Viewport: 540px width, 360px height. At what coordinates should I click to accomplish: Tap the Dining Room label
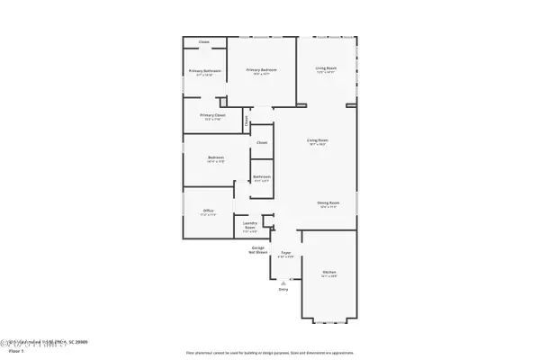(x=328, y=203)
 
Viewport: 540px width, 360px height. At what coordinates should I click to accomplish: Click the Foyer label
(x=284, y=254)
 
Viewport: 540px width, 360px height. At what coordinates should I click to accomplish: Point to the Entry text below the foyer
(x=283, y=289)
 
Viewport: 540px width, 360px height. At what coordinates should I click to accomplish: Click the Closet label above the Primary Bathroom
(x=204, y=41)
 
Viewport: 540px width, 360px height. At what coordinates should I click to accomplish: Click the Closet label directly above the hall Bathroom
(x=262, y=142)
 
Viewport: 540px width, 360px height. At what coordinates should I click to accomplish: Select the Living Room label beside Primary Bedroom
(x=326, y=68)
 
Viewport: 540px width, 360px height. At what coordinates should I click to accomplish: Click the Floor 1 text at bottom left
(x=14, y=350)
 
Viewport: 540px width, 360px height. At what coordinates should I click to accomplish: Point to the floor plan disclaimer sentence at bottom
(x=270, y=352)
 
